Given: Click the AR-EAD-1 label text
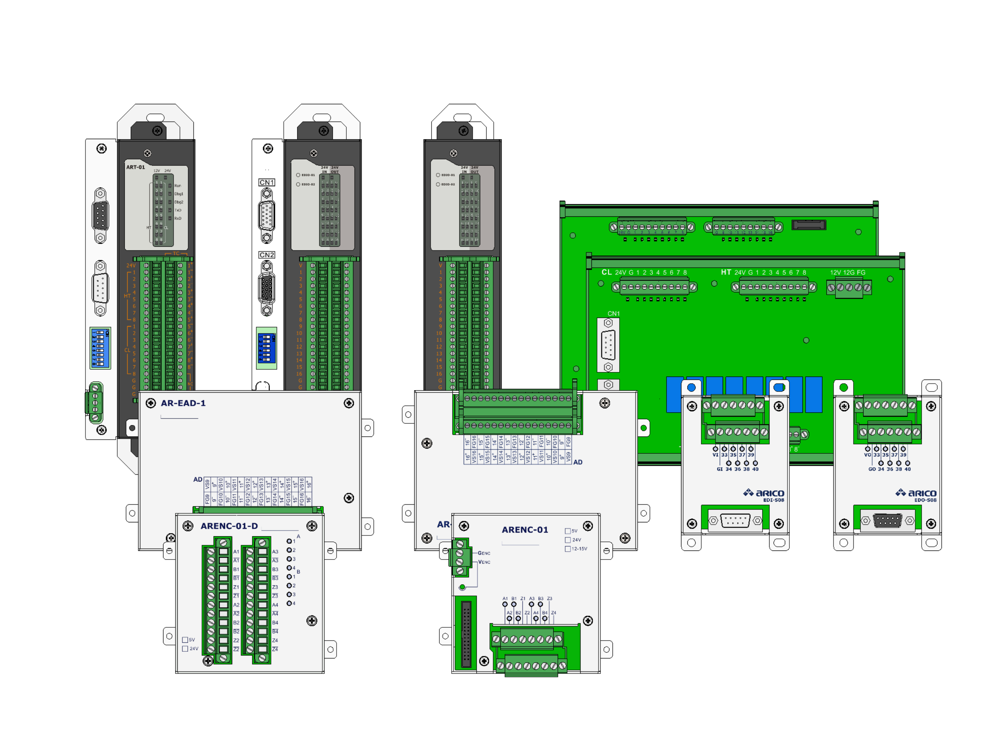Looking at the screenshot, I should [x=183, y=403].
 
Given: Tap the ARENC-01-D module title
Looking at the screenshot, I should [x=229, y=526].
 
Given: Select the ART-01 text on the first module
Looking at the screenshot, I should [x=135, y=167].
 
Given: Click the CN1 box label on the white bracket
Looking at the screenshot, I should [x=266, y=182].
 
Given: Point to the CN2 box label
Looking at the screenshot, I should [x=266, y=255].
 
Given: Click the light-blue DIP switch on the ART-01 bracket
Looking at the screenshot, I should [x=100, y=348].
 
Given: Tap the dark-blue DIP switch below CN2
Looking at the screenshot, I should [x=266, y=348].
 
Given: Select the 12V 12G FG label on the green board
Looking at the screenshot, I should [x=847, y=273].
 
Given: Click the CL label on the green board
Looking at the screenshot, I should [x=606, y=272].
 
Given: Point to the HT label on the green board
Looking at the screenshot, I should [x=726, y=272].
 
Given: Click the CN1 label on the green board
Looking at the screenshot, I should [x=613, y=313].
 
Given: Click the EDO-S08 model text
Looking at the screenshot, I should [x=925, y=500].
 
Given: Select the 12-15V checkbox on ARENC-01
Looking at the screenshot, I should [x=567, y=549].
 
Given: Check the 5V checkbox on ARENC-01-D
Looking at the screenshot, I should [x=185, y=640].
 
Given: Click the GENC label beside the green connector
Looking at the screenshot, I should [x=484, y=553].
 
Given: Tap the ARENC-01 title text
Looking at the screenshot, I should [x=525, y=529].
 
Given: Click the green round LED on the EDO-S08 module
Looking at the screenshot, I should [x=843, y=387].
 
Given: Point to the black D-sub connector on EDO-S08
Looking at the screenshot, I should [x=888, y=520].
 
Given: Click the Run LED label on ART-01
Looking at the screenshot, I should [x=177, y=186].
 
